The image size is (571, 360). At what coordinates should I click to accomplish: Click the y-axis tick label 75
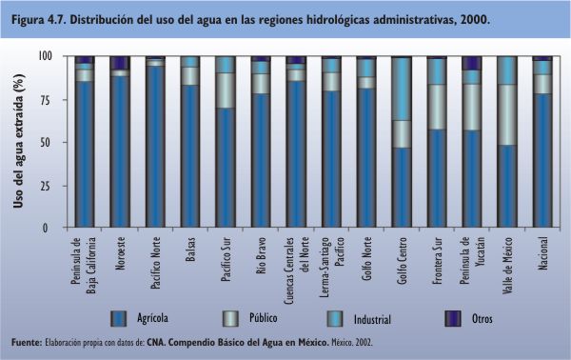tap(46, 99)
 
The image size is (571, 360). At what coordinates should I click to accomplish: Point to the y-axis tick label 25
tap(46, 186)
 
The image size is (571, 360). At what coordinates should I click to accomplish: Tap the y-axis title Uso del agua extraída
tap(18, 141)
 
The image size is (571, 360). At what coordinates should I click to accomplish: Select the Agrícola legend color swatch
tap(119, 319)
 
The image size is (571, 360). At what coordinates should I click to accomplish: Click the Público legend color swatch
tap(231, 319)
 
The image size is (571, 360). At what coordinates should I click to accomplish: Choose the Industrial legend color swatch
tap(335, 319)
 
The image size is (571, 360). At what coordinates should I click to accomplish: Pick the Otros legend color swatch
tap(453, 319)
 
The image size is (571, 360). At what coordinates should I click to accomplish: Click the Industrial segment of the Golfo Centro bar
tap(402, 90)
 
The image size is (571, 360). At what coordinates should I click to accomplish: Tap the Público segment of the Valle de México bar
tap(507, 115)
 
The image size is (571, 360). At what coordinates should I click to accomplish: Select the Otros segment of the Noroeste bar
tap(120, 63)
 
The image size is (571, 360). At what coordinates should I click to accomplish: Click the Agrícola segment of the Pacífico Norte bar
tap(155, 147)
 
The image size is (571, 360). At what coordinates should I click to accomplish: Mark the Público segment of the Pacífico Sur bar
tap(226, 90)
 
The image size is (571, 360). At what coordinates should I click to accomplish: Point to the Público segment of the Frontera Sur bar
tap(437, 107)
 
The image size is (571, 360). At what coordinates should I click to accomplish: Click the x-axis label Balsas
tap(190, 250)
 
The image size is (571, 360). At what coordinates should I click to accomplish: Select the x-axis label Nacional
tap(542, 253)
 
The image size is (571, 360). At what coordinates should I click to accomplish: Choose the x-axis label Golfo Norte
tap(366, 258)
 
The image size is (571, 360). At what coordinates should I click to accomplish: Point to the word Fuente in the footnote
tap(27, 343)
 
